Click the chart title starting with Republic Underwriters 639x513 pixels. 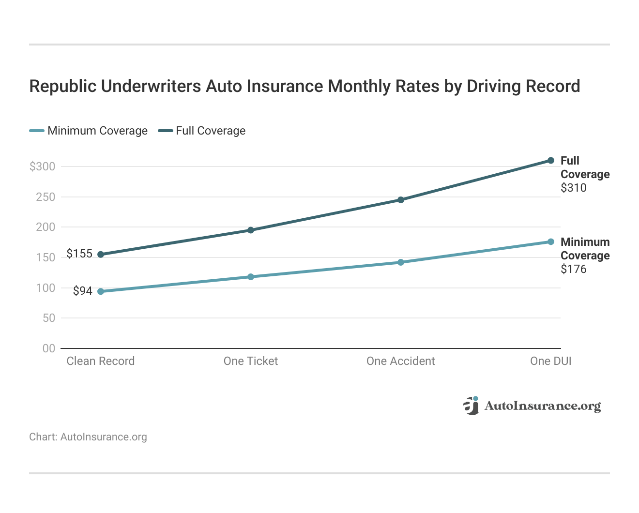[x=304, y=86]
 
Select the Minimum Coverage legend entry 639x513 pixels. [x=89, y=131]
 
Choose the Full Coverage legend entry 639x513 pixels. [x=202, y=131]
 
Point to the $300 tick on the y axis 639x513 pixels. [x=43, y=166]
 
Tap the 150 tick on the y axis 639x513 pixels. [x=46, y=257]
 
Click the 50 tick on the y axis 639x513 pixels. [x=49, y=318]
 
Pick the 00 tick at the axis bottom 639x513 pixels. [x=49, y=348]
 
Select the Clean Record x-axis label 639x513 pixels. [x=101, y=361]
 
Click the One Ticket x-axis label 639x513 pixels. [x=251, y=361]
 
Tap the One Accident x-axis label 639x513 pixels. [x=401, y=361]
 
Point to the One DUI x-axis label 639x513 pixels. [x=550, y=361]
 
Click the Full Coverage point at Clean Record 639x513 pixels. [x=101, y=255]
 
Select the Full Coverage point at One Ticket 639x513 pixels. [x=251, y=230]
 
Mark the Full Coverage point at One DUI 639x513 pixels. [x=551, y=161]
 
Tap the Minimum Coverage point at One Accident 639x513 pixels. [x=401, y=262]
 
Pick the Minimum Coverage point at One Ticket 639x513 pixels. [x=251, y=277]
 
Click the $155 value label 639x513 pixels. [x=79, y=254]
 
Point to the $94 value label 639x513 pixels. [x=83, y=291]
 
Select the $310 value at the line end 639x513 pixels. [x=574, y=188]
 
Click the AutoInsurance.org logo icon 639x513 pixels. [x=471, y=406]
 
